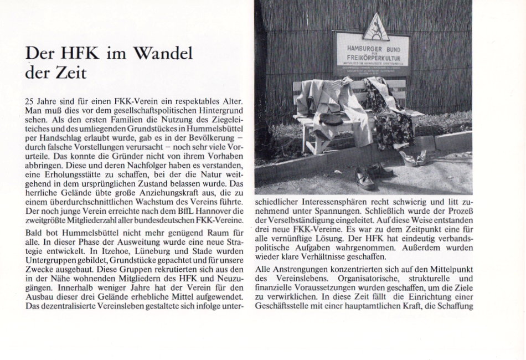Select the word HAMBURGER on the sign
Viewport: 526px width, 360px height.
click(358, 44)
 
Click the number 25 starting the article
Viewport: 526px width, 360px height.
click(31, 101)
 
